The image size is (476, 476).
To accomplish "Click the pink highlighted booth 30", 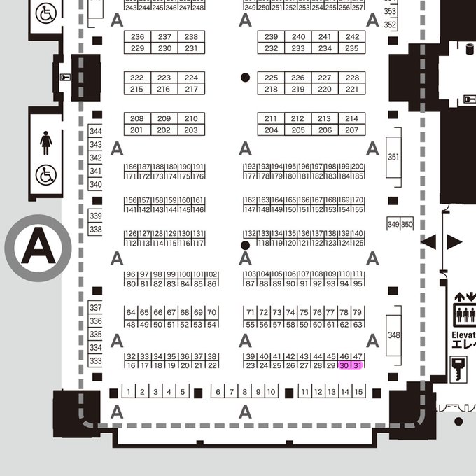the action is click(x=344, y=365).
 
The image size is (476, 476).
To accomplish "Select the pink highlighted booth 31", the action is click(x=357, y=365).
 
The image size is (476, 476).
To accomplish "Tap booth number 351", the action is click(x=393, y=157).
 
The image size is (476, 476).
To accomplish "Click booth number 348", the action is click(x=393, y=335).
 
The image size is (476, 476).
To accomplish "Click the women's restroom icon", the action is click(x=46, y=143).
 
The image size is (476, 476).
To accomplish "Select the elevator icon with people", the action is click(x=465, y=314).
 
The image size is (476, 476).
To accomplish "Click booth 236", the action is click(x=138, y=37).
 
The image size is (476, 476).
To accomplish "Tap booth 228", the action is click(x=352, y=78).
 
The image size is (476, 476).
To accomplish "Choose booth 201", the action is click(x=137, y=130).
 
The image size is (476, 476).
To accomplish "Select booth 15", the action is click(x=358, y=392).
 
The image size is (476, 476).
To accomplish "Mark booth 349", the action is click(x=393, y=224).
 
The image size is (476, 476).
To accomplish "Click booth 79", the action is click(x=357, y=311).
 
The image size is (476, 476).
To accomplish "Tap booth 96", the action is click(x=131, y=274).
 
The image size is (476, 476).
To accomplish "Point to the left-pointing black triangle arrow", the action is click(x=428, y=242).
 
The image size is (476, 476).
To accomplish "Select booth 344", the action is click(x=96, y=132).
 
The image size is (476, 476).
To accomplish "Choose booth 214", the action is click(x=352, y=119).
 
